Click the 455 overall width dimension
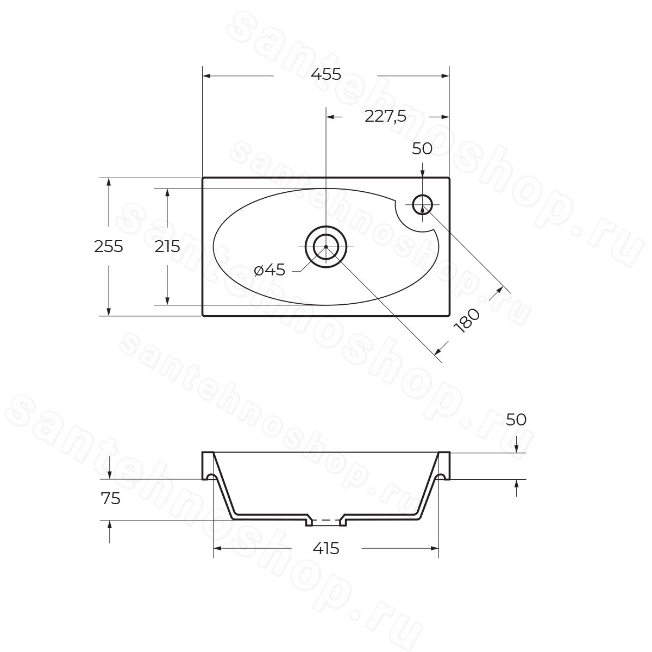click(326, 74)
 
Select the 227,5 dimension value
click(385, 117)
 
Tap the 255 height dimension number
click(109, 246)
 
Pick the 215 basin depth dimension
click(167, 246)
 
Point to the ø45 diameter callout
click(269, 270)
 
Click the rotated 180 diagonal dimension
click(467, 321)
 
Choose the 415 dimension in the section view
click(326, 548)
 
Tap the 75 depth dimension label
click(110, 498)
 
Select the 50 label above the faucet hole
click(422, 148)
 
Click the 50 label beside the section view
click(516, 419)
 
